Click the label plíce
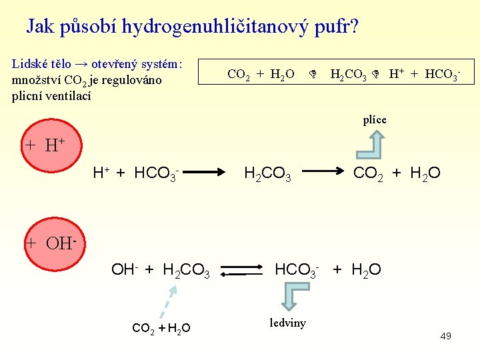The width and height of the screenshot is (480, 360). tap(375, 120)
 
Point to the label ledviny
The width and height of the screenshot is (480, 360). tap(288, 323)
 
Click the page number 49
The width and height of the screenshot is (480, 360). tap(446, 336)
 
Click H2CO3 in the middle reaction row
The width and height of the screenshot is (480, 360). tap(268, 174)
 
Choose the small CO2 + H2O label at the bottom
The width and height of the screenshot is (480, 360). tap(161, 327)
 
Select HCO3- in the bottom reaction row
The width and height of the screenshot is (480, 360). tap(297, 270)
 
